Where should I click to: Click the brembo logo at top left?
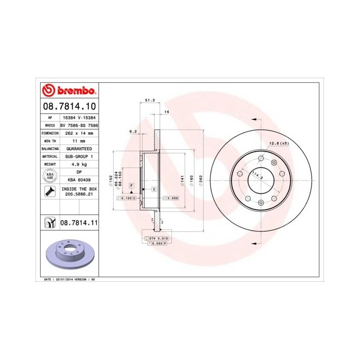coord(68,91)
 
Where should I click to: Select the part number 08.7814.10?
coord(68,107)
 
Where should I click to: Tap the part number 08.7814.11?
coord(79,223)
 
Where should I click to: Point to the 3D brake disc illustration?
coord(68,254)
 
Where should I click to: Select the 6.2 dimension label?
coord(133,132)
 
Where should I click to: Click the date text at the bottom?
coord(67,279)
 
